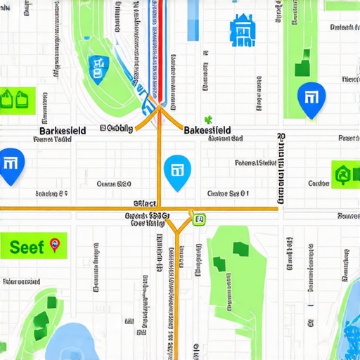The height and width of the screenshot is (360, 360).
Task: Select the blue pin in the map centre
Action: pyautogui.click(x=176, y=171)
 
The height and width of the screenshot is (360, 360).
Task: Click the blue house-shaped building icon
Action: pyautogui.click(x=243, y=31)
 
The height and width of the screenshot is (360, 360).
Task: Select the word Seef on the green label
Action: pyautogui.click(x=27, y=247)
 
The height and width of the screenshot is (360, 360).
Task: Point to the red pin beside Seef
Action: pyautogui.click(x=55, y=245)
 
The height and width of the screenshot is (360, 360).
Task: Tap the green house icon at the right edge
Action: pyautogui.click(x=342, y=173)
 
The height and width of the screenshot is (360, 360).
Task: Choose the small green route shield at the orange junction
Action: pyautogui.click(x=199, y=219)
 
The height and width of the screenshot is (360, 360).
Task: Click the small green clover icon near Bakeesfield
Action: pyautogui.click(x=208, y=120)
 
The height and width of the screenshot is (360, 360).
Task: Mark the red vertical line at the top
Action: pyautogui.click(x=162, y=42)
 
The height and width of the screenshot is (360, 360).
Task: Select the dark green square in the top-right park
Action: pyautogui.click(x=303, y=69)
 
